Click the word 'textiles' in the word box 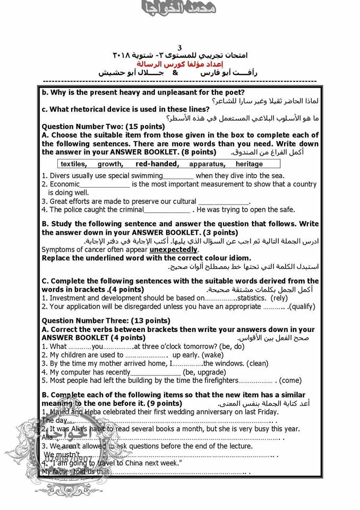tap(73, 164)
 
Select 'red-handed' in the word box tap(157, 164)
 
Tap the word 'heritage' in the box tap(249, 164)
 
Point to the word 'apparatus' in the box tap(207, 164)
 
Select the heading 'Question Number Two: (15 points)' tap(103, 126)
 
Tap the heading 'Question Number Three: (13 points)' tap(106, 320)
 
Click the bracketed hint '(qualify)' tap(302, 307)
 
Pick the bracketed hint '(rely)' tap(283, 298)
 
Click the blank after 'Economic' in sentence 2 tap(105, 184)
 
